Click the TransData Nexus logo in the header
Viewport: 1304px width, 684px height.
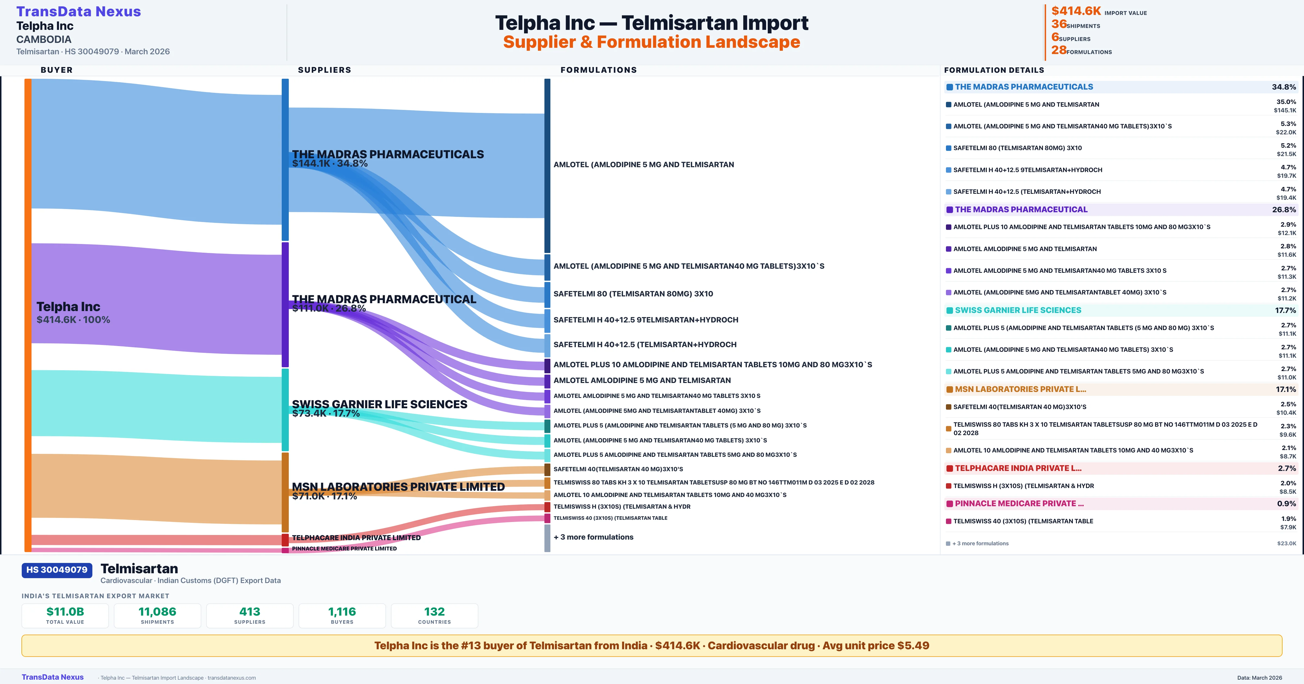tap(79, 12)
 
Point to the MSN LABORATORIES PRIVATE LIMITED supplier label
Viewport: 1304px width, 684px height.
tap(398, 487)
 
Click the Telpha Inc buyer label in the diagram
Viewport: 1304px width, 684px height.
tap(68, 307)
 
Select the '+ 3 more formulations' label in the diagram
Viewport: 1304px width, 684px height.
tap(593, 537)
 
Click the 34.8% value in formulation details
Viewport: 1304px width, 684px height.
tap(1284, 87)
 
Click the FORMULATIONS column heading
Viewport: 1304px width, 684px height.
tap(598, 70)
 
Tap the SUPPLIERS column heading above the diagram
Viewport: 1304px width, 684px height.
tap(324, 70)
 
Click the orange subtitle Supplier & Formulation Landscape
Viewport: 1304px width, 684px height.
tap(651, 42)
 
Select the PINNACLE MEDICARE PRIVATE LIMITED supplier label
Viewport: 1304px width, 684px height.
tap(344, 548)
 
